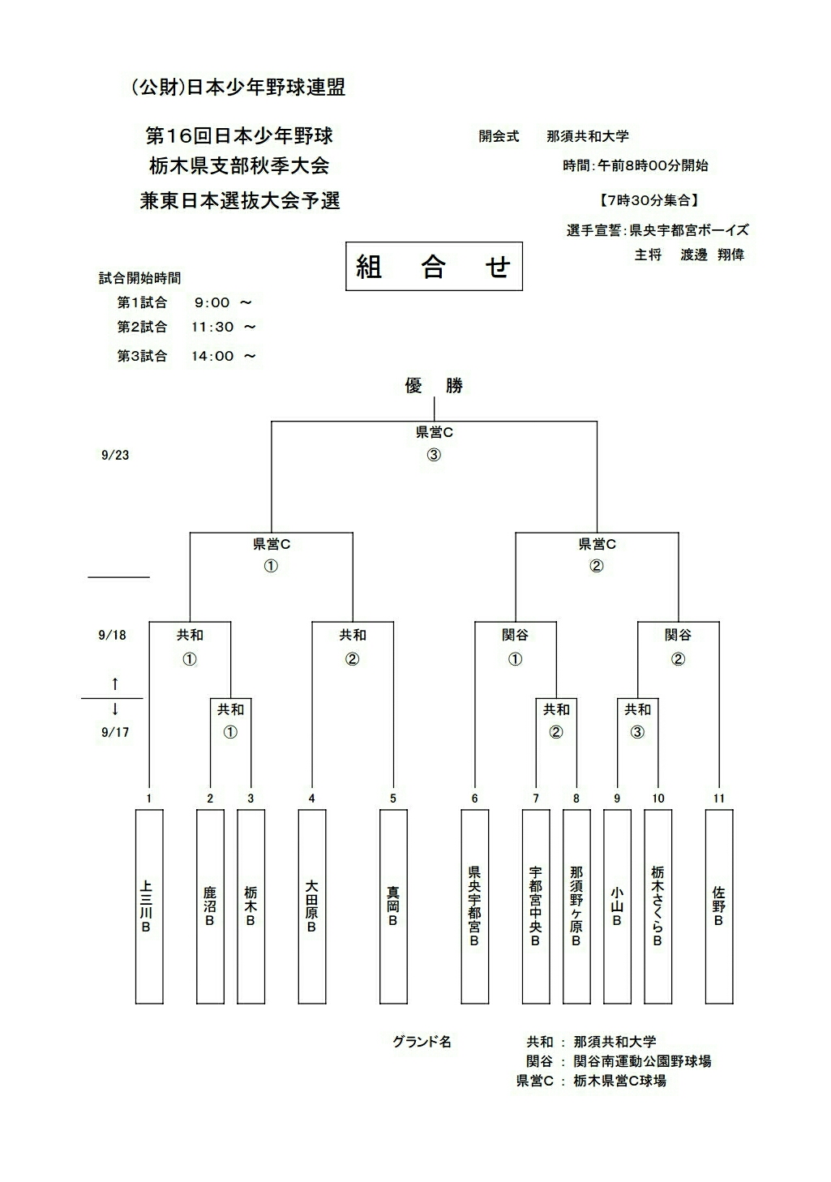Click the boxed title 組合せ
pyautogui.click(x=434, y=267)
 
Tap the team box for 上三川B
pyautogui.click(x=148, y=906)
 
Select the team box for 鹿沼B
pyautogui.click(x=210, y=906)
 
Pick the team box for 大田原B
pyautogui.click(x=311, y=906)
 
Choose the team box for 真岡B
pyautogui.click(x=393, y=906)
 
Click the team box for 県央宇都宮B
pyautogui.click(x=475, y=906)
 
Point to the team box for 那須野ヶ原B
pyautogui.click(x=576, y=906)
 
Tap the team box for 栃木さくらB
pyautogui.click(x=658, y=906)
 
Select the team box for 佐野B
pyautogui.click(x=719, y=906)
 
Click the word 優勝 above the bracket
pyautogui.click(x=434, y=386)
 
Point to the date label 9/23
pyautogui.click(x=115, y=456)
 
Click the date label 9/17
pyautogui.click(x=115, y=733)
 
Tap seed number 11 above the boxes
pyautogui.click(x=719, y=799)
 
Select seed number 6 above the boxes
pyautogui.click(x=475, y=799)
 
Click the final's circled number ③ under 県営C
pyautogui.click(x=434, y=455)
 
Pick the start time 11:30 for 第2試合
pyautogui.click(x=212, y=328)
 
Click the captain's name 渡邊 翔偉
pyautogui.click(x=712, y=255)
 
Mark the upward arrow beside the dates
pyautogui.click(x=115, y=683)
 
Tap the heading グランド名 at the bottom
pyautogui.click(x=422, y=1042)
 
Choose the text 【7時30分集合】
pyautogui.click(x=648, y=199)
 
